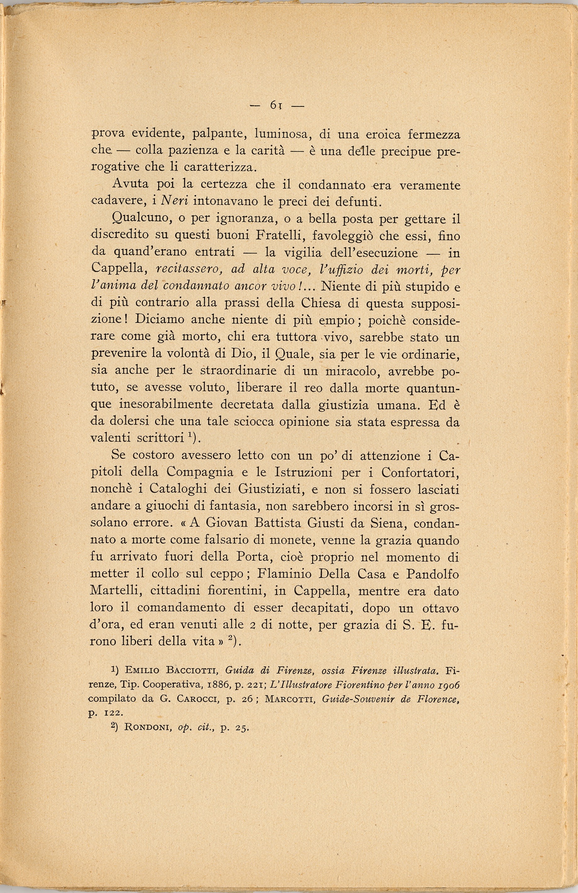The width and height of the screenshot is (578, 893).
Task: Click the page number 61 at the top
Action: click(x=276, y=106)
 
